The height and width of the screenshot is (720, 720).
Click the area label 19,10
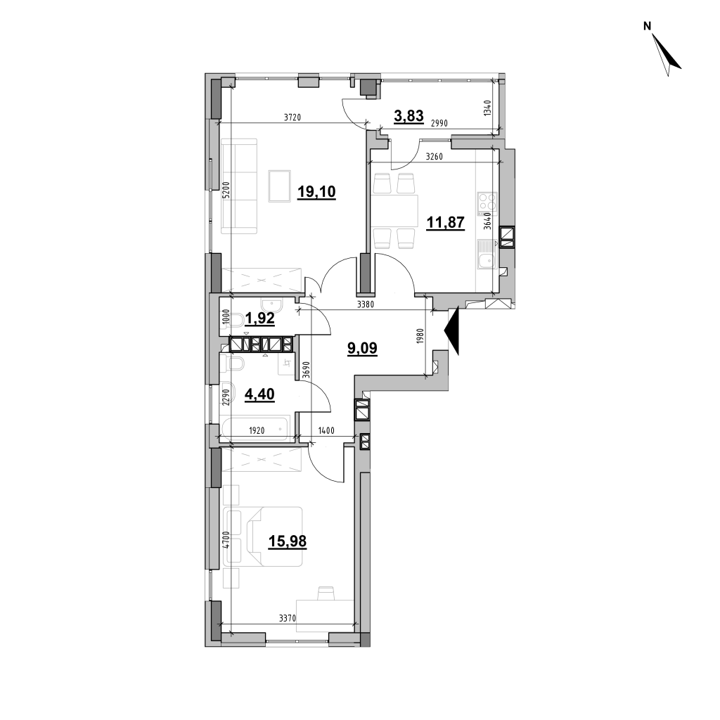tap(317, 191)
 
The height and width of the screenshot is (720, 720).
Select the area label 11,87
tap(445, 223)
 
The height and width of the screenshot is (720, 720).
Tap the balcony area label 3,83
tap(409, 116)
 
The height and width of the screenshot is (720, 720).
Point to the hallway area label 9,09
tap(362, 349)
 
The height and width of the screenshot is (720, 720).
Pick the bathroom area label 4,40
tap(259, 394)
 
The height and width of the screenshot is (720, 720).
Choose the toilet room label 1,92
tap(259, 319)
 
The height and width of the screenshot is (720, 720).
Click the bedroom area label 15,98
tap(288, 542)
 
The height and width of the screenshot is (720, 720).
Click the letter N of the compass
tap(648, 27)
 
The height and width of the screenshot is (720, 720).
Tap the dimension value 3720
tap(292, 117)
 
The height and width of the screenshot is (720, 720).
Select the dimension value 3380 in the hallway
tap(366, 304)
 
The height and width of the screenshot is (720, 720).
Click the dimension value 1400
tap(326, 431)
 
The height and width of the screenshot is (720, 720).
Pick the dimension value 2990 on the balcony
tap(439, 123)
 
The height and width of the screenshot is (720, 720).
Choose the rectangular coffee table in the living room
tap(280, 186)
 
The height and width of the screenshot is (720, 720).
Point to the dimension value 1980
tap(420, 337)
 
